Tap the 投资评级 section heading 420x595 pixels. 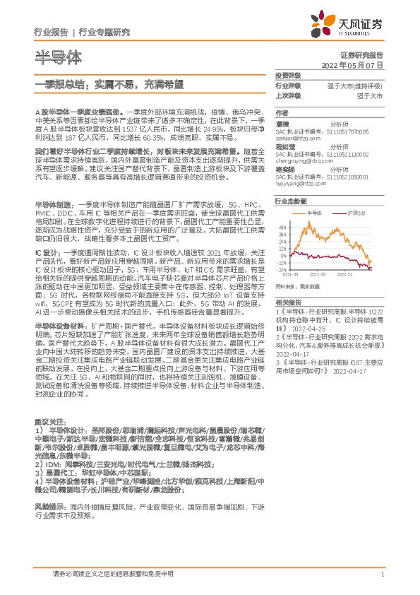click(288, 75)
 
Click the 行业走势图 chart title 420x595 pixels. click(290, 201)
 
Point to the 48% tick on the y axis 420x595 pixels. click(283, 228)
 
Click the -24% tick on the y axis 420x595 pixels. click(283, 269)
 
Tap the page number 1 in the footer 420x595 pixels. click(382, 574)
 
